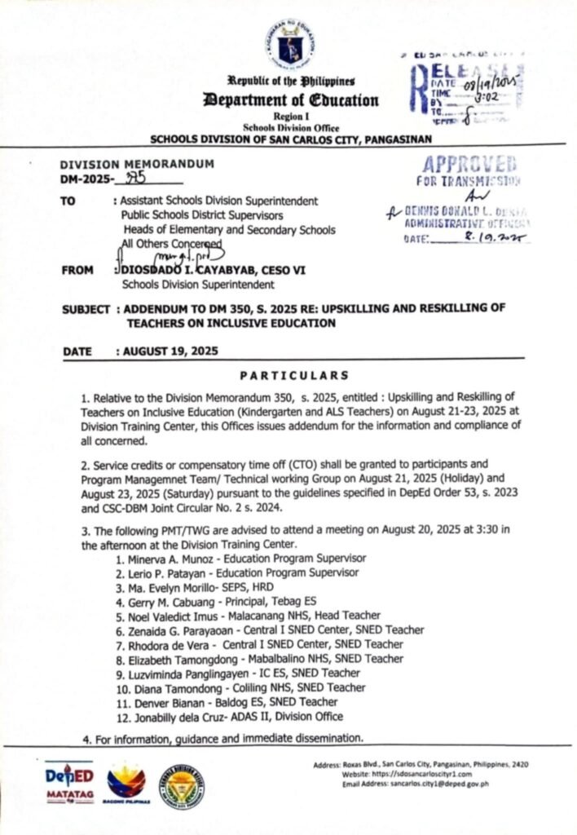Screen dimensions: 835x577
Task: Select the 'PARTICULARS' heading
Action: pos(294,375)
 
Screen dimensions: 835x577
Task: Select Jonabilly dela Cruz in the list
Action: pos(174,716)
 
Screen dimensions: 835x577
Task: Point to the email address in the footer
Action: pos(439,784)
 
